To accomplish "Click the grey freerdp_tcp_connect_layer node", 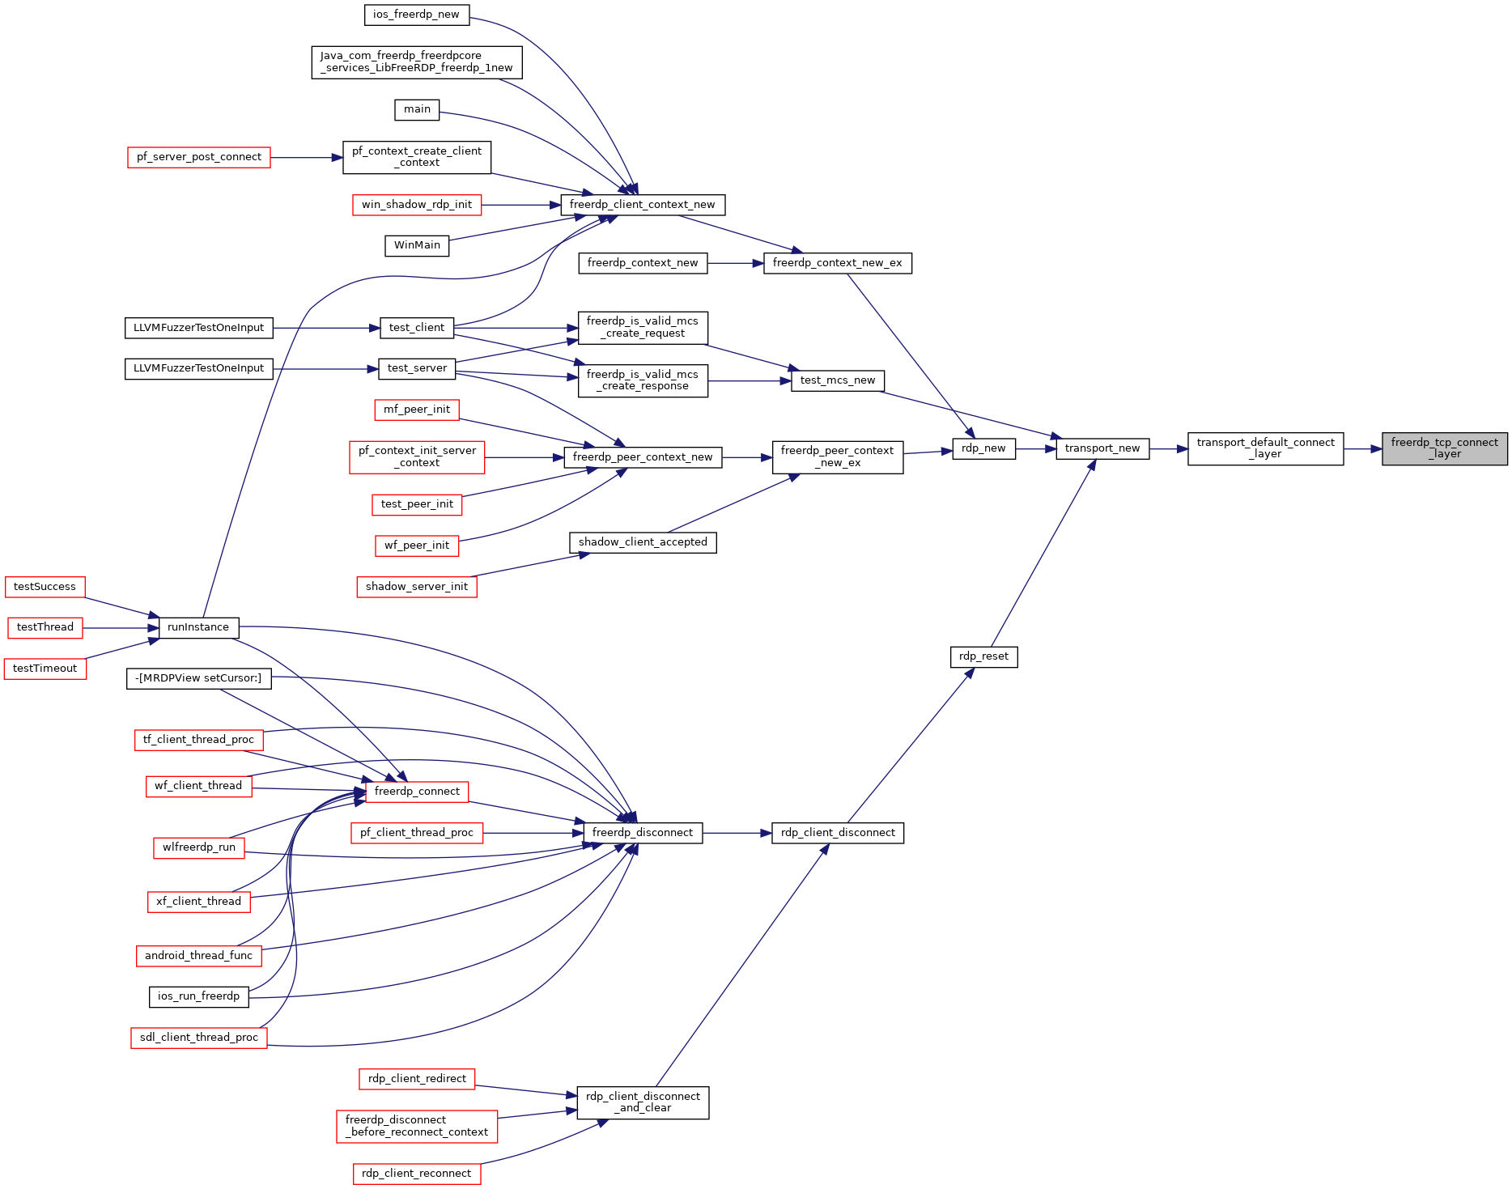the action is coord(1444,448).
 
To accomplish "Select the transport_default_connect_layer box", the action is coord(1265,448).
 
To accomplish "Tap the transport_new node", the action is coord(1102,448).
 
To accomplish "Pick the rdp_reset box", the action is coord(983,656).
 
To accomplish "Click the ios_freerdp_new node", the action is coord(416,15).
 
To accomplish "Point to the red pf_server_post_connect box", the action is coord(199,157).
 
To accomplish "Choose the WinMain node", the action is coord(417,245).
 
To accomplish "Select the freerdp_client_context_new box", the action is coord(643,205).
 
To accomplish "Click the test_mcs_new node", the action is coord(838,380).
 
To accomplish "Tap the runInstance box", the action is coord(198,627).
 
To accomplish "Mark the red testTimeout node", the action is coord(45,669).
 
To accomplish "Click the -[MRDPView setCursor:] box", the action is coord(198,678).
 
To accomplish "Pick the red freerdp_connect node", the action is coord(417,792).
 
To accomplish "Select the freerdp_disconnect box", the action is coord(643,833).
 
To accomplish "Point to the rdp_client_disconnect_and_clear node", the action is coord(643,1102).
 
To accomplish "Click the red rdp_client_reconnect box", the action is coord(417,1174).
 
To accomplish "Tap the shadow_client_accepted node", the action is coord(643,542).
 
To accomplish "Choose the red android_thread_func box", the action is coord(198,956).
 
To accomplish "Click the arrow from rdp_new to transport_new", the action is coord(1036,448).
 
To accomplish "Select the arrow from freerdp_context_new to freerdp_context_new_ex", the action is coord(736,263).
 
